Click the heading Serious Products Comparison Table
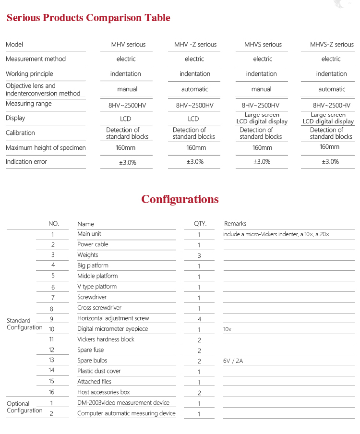(x=88, y=18)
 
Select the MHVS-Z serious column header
(x=332, y=45)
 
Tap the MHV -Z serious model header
(x=195, y=45)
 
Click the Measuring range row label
(x=29, y=104)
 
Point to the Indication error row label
(x=26, y=162)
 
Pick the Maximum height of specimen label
(x=46, y=148)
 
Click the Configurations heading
(x=180, y=199)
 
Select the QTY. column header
(x=200, y=224)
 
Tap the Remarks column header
(x=235, y=224)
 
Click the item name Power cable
(x=93, y=244)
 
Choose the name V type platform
(x=97, y=287)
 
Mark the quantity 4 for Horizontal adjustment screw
(x=199, y=319)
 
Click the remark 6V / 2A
(x=233, y=361)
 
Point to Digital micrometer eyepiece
(x=113, y=329)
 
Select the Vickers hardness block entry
(x=106, y=339)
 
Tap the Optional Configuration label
(x=24, y=407)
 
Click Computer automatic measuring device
(x=126, y=413)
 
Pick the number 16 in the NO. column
(x=52, y=392)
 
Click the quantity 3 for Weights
(x=199, y=255)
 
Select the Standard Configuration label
(x=24, y=324)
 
